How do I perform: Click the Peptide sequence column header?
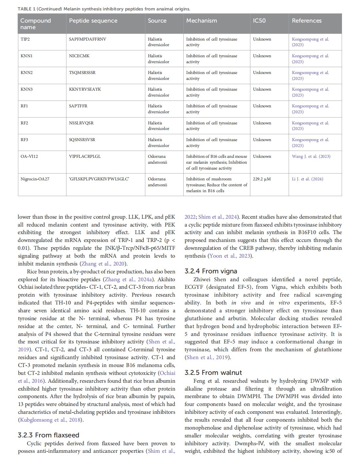point(93,21)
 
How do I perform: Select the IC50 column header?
point(259,21)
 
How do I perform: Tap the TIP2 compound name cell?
point(25,39)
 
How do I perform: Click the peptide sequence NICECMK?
point(79,56)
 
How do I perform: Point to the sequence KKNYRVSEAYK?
point(85,89)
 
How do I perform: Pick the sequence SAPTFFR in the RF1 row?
point(78,106)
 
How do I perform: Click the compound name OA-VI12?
point(29,156)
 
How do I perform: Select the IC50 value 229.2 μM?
point(262,179)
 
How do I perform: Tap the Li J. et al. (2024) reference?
point(307,179)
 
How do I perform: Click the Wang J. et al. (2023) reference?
point(311,156)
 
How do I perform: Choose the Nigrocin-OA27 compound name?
point(35,179)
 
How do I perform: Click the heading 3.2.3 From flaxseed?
point(48,435)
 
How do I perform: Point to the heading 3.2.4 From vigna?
point(211,271)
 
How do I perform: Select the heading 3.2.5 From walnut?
point(213,373)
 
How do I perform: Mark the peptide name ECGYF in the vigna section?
point(194,287)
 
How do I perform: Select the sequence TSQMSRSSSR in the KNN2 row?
point(82,73)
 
